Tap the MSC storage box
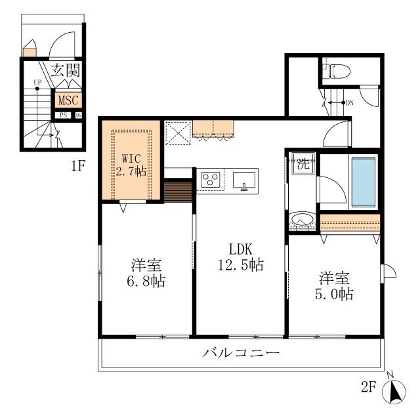tap(68, 100)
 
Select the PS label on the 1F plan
tap(63, 115)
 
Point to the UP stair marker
tap(37, 83)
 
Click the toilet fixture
tap(335, 69)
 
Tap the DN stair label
tap(350, 102)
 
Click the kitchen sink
tap(243, 179)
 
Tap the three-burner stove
tap(211, 179)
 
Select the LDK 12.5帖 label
tap(241, 258)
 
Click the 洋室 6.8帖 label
tap(147, 274)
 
